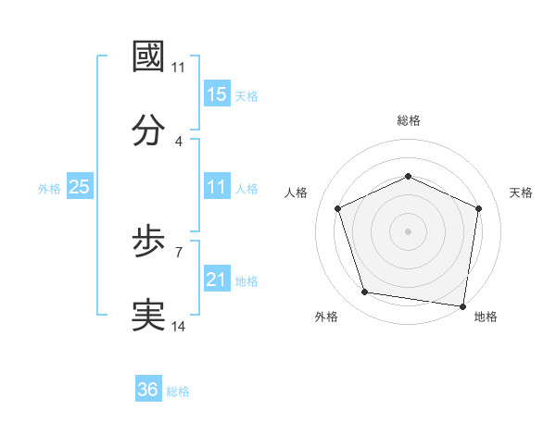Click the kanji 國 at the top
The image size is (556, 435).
click(149, 56)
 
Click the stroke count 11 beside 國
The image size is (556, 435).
click(179, 68)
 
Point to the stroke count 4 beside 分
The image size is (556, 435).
click(179, 142)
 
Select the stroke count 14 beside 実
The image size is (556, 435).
click(179, 326)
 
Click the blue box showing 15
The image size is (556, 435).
click(217, 94)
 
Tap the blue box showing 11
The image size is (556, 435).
click(217, 187)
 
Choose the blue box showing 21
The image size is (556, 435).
click(217, 280)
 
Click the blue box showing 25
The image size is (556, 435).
click(80, 187)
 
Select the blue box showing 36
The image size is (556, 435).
click(148, 390)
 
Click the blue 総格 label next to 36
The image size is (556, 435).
click(179, 391)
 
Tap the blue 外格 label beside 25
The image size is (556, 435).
click(49, 189)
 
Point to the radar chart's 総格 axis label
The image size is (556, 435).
click(409, 120)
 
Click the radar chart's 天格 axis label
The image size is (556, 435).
click(522, 193)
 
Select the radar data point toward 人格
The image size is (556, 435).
click(338, 207)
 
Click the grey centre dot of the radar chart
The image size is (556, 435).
click(409, 230)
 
